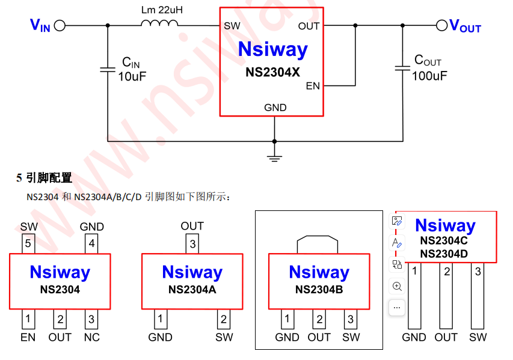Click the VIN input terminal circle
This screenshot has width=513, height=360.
pos(59,26)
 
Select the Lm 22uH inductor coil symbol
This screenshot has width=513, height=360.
pos(159,24)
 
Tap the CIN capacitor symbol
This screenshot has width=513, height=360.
pos(108,70)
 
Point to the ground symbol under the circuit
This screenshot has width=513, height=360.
pos(275,157)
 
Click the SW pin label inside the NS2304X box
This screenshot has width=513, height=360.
pos(232,26)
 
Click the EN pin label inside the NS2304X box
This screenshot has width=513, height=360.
pos(313,86)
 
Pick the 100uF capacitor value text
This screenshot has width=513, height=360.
pos(429,76)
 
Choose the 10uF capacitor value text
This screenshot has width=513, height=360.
pos(132,76)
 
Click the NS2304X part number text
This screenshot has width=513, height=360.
pos(272,72)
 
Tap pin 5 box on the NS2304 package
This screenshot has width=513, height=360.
pos(28,243)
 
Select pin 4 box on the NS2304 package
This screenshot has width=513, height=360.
pos(91,243)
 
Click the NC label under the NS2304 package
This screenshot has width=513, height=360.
pos(91,337)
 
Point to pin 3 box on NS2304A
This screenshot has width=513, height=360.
pos(192,243)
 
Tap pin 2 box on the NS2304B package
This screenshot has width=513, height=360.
pos(319,319)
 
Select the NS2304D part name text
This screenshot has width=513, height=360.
pos(444,254)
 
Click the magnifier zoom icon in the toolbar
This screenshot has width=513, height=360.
pos(397,286)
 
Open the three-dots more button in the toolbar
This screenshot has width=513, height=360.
pos(397,307)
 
